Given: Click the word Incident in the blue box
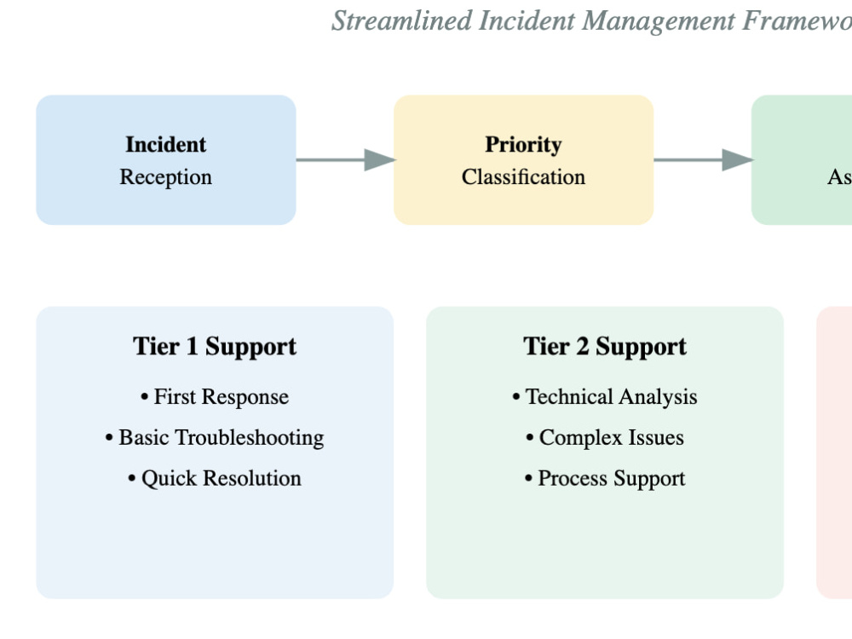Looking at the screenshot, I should pyautogui.click(x=166, y=145).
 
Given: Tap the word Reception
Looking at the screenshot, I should pyautogui.click(x=166, y=177).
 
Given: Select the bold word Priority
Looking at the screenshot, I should pyautogui.click(x=523, y=145).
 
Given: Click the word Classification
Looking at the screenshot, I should pyautogui.click(x=523, y=177).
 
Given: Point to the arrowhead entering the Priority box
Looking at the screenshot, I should pyautogui.click(x=380, y=159).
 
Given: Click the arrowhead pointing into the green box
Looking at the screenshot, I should pyautogui.click(x=738, y=159).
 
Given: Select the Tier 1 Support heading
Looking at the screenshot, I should pyautogui.click(x=215, y=347).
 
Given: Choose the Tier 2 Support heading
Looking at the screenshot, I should pyautogui.click(x=605, y=347).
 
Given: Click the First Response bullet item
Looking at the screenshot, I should pyautogui.click(x=215, y=397).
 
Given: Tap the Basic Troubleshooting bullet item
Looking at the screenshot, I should pyautogui.click(x=215, y=438).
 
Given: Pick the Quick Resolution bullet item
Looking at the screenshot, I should pyautogui.click(x=215, y=479).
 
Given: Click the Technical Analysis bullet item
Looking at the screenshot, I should pyautogui.click(x=605, y=397).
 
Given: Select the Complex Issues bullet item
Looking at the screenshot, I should pyautogui.click(x=605, y=438).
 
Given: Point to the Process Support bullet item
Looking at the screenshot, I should pyautogui.click(x=605, y=479).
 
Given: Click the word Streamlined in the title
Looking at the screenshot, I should pyautogui.click(x=401, y=20).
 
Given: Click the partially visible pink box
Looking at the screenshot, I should pyautogui.click(x=836, y=452).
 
